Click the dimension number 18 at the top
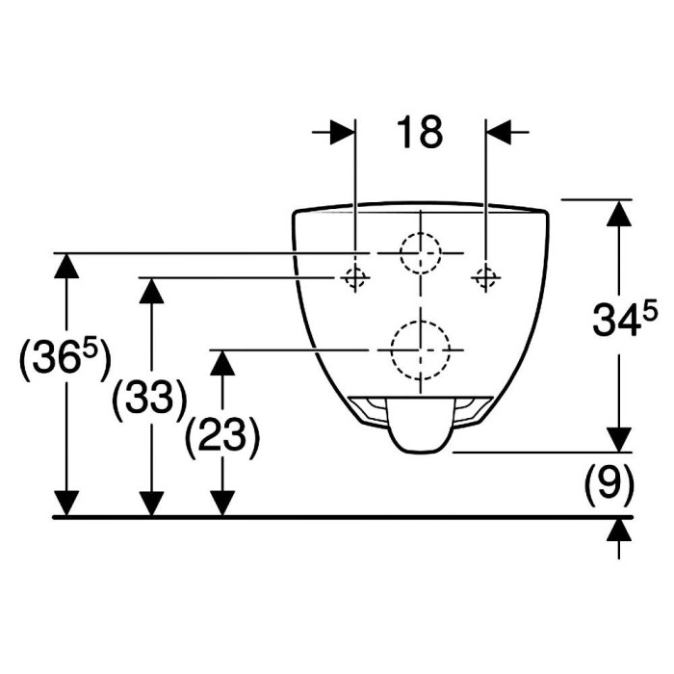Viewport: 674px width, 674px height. point(420,133)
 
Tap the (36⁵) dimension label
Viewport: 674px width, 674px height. point(65,360)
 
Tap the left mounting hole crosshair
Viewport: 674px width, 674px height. point(355,277)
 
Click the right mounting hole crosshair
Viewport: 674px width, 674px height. point(485,277)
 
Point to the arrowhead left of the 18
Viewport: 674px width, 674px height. point(342,132)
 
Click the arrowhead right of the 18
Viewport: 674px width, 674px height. point(499,132)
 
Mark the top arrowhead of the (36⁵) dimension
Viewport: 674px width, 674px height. point(66,266)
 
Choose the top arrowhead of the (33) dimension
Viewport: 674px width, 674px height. point(151,291)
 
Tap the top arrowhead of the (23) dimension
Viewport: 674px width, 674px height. point(222,362)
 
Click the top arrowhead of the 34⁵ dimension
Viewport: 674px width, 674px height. point(619,213)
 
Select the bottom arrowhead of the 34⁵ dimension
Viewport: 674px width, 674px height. point(619,439)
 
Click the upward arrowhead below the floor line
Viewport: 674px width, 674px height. point(619,531)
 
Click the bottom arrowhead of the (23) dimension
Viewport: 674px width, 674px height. point(222,503)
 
